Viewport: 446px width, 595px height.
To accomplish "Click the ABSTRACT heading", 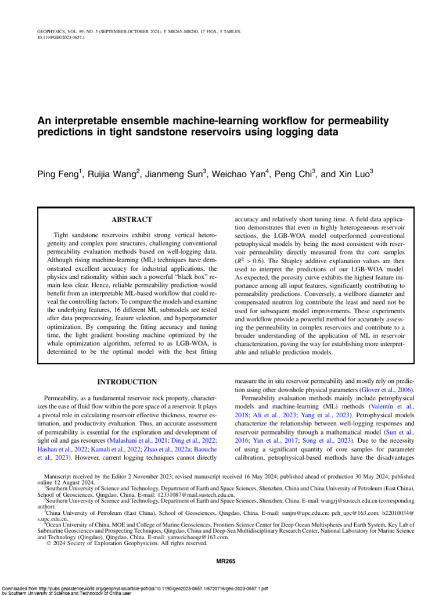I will coord(131,220).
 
